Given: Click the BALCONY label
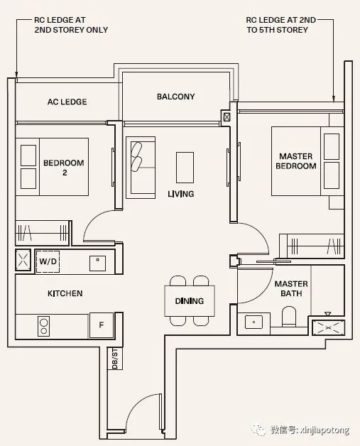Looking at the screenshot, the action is pyautogui.click(x=175, y=97).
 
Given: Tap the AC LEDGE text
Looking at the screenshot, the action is pyautogui.click(x=67, y=102).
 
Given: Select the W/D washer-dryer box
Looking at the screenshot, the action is pyautogui.click(x=48, y=261).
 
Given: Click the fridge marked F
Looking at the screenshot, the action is pyautogui.click(x=102, y=325).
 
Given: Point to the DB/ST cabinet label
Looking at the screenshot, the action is pyautogui.click(x=115, y=359).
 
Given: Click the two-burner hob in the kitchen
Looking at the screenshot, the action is pyautogui.click(x=43, y=326).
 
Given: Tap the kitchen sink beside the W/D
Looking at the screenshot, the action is pyautogui.click(x=97, y=263).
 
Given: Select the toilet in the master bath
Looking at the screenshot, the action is pyautogui.click(x=289, y=317).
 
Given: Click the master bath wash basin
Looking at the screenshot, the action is pyautogui.click(x=253, y=322).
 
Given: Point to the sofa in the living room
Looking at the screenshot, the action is pyautogui.click(x=141, y=168).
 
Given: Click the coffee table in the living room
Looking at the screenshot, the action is pyautogui.click(x=185, y=168).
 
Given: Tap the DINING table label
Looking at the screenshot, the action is pyautogui.click(x=190, y=301).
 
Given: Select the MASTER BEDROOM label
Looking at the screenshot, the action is pyautogui.click(x=295, y=161).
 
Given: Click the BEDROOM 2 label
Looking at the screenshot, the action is pyautogui.click(x=64, y=168).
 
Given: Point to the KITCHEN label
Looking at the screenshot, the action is pyautogui.click(x=65, y=293).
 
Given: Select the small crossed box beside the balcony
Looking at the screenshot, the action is pyautogui.click(x=227, y=117).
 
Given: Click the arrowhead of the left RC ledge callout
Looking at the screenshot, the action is pyautogui.click(x=16, y=75).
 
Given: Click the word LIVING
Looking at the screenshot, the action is pyautogui.click(x=181, y=194).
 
